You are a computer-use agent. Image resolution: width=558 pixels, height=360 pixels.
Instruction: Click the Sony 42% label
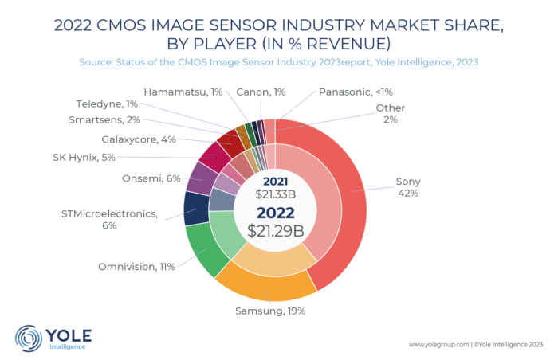pyautogui.click(x=407, y=187)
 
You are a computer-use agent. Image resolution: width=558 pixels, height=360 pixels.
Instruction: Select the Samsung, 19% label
pyautogui.click(x=269, y=310)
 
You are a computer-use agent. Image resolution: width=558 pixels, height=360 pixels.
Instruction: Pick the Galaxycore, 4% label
pyautogui.click(x=139, y=139)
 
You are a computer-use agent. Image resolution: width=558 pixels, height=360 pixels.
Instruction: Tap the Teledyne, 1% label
pyautogui.click(x=108, y=104)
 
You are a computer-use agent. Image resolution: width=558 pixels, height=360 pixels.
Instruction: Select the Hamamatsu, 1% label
pyautogui.click(x=183, y=92)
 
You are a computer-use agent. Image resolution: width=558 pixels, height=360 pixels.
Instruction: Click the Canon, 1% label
pyautogui.click(x=261, y=92)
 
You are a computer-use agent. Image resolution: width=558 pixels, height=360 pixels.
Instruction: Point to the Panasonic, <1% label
pyautogui.click(x=355, y=92)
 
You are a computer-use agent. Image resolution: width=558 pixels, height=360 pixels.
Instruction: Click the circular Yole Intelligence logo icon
pyautogui.click(x=29, y=337)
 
